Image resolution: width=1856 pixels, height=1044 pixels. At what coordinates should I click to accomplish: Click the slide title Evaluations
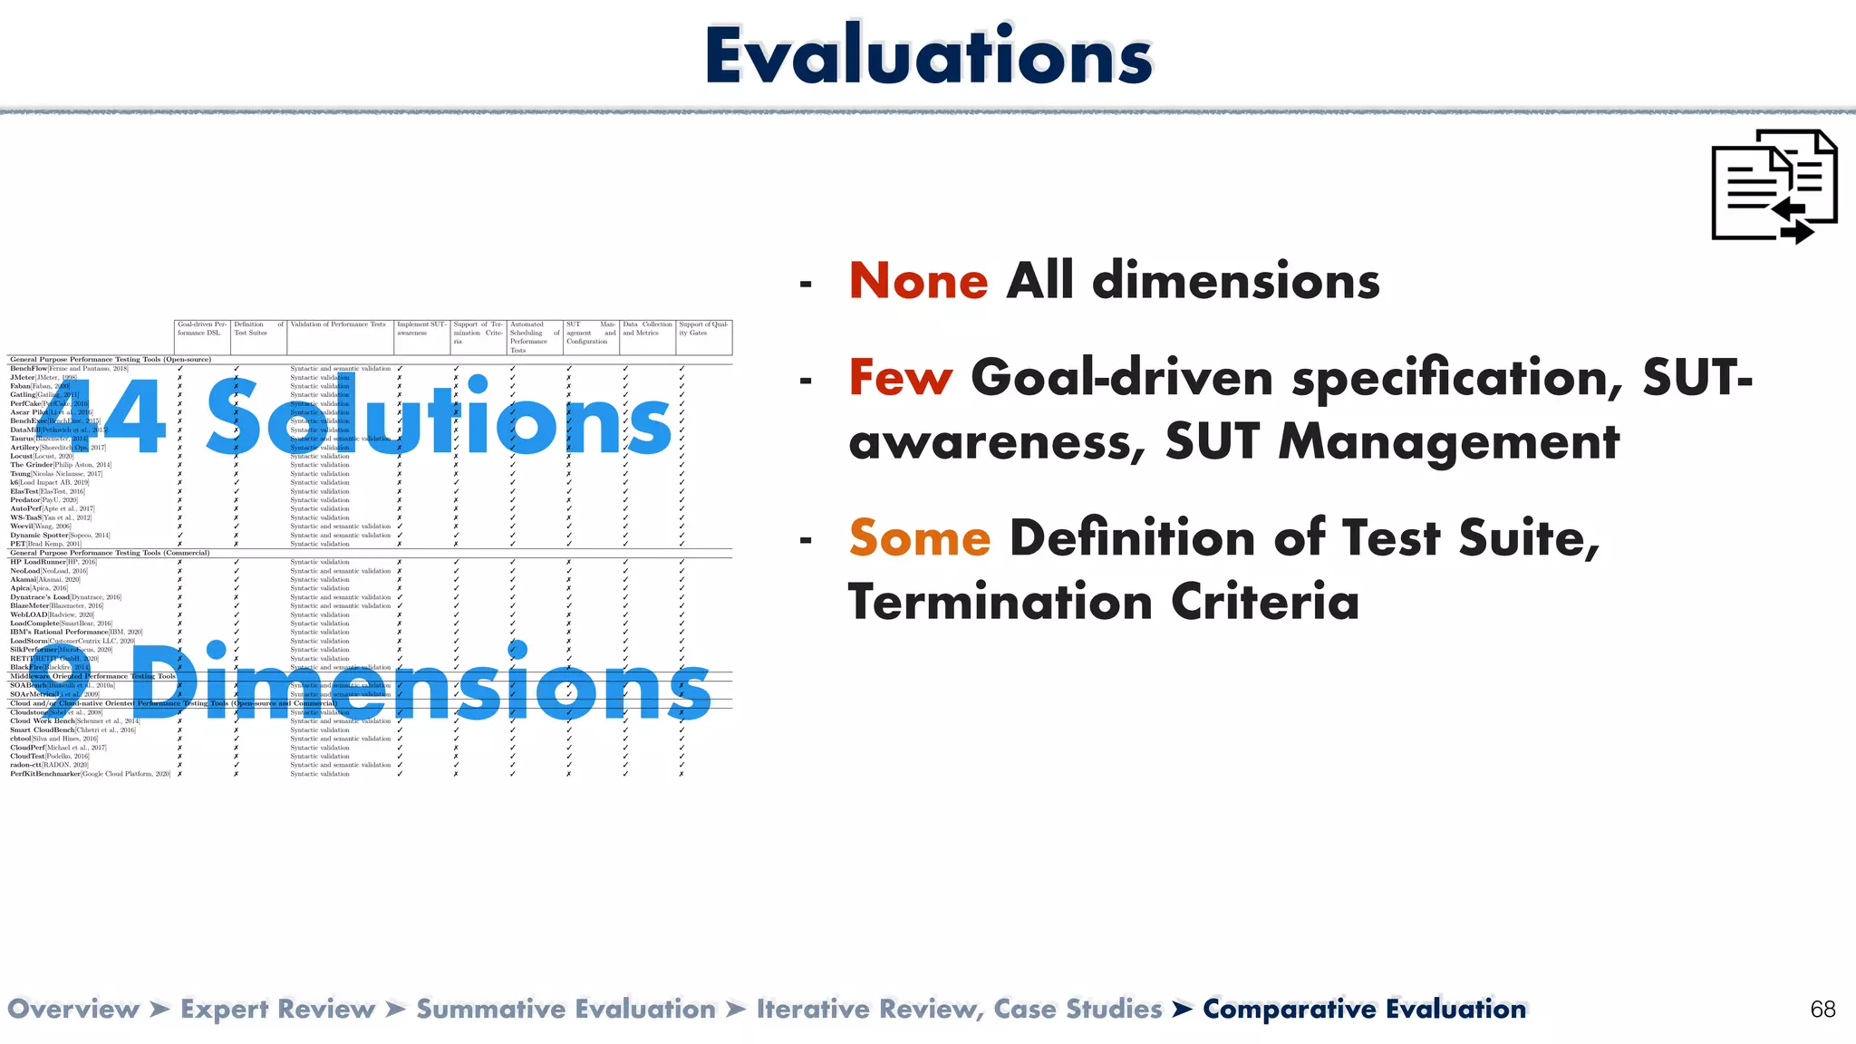pyautogui.click(x=928, y=56)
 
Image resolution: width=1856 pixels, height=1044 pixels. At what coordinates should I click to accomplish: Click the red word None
pyautogui.click(x=918, y=281)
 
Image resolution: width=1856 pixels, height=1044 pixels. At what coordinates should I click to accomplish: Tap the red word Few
pyautogui.click(x=900, y=378)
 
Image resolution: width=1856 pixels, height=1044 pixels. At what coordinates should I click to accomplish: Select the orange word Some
pyautogui.click(x=919, y=538)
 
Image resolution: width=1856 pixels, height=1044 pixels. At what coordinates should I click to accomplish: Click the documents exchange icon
pyautogui.click(x=1774, y=187)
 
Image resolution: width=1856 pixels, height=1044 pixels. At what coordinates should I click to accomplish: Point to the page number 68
pyautogui.click(x=1822, y=1010)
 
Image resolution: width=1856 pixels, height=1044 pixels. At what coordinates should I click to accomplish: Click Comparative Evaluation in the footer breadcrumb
pyautogui.click(x=1364, y=1010)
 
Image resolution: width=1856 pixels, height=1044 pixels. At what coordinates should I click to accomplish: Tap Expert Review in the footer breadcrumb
pyautogui.click(x=277, y=1010)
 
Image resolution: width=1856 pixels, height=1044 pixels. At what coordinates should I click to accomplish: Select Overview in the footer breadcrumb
pyautogui.click(x=73, y=1010)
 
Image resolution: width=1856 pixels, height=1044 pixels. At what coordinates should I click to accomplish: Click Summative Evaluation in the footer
pyautogui.click(x=565, y=1010)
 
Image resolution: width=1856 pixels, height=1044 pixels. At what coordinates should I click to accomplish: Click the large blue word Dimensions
pyautogui.click(x=421, y=684)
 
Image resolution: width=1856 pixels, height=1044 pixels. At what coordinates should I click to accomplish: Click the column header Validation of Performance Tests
pyautogui.click(x=338, y=324)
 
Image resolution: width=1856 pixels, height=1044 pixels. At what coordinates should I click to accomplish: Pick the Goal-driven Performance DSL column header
pyautogui.click(x=201, y=328)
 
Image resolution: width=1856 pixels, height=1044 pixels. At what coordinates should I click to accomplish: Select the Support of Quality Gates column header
pyautogui.click(x=703, y=328)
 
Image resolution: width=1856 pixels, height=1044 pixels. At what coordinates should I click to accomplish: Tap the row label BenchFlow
pyautogui.click(x=29, y=369)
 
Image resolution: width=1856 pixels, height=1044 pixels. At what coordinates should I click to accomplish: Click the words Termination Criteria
pyautogui.click(x=1103, y=603)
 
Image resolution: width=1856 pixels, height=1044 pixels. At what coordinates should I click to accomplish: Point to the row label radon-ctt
pyautogui.click(x=25, y=765)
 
